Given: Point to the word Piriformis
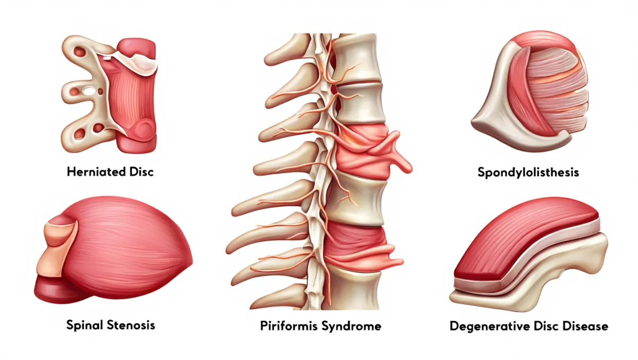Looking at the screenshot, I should (289, 325).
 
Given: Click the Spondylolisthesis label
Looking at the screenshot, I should (528, 172).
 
